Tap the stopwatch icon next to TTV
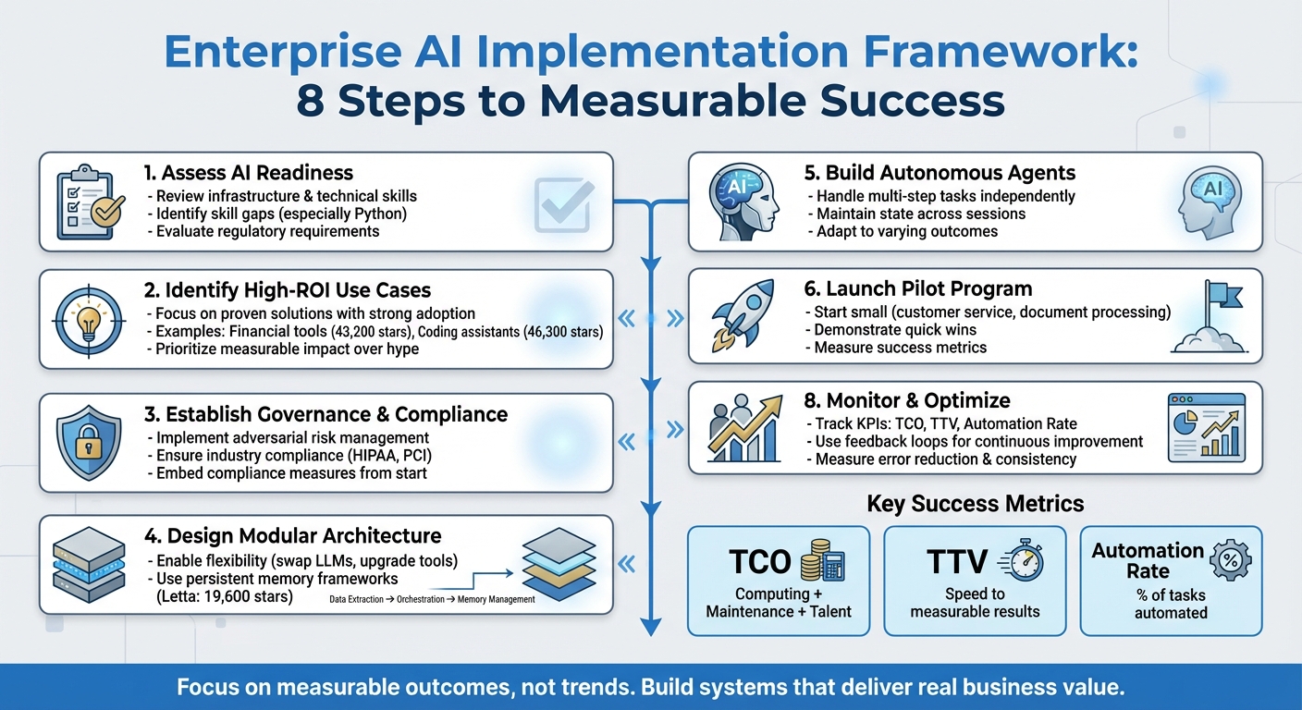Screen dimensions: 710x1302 1022,563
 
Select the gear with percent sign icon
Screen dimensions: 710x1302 1230,560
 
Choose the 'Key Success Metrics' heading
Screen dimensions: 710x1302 975,504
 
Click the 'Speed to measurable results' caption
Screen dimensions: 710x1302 975,603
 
